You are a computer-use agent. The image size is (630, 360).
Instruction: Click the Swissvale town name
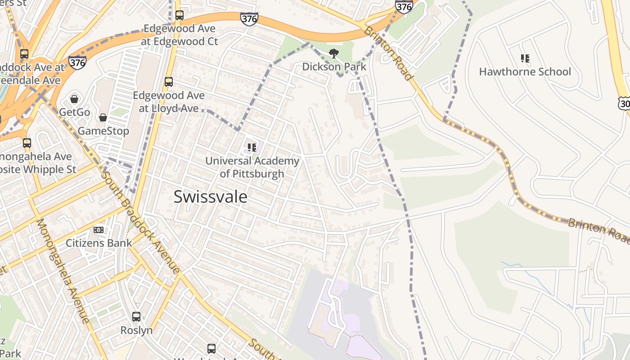210,197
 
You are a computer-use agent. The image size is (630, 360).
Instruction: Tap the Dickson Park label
334,67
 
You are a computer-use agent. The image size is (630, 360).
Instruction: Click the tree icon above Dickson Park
334,54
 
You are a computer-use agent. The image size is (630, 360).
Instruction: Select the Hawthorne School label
525,72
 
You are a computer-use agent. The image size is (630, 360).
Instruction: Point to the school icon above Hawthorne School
525,58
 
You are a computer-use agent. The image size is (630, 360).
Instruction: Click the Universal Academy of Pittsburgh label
252,167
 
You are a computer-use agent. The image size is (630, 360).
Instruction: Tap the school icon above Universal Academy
252,147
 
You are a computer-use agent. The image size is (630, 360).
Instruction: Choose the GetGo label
75,112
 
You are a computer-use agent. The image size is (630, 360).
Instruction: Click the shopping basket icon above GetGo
74,99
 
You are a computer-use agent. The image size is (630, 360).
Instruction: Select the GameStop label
103,131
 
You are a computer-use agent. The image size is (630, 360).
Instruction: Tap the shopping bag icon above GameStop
103,117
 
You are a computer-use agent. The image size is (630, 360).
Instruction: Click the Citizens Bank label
99,243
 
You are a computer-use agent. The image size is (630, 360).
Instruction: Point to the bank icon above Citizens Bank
99,230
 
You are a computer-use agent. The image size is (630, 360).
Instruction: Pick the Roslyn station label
136,330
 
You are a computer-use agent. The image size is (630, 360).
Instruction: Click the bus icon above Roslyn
136,317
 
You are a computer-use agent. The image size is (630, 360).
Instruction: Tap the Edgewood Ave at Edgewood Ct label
180,35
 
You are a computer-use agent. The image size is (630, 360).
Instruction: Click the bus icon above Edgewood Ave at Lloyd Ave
169,82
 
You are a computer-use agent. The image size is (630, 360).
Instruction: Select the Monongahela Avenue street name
63,271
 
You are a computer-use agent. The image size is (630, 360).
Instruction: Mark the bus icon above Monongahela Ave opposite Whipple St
27,143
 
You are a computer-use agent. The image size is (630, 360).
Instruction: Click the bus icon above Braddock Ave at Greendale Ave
24,54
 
